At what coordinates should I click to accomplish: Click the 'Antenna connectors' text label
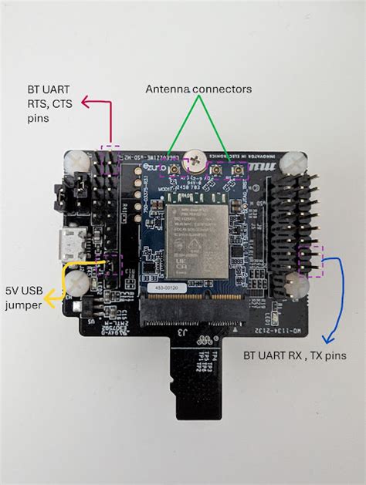click(198, 89)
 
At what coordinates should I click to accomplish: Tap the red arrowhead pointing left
click(85, 101)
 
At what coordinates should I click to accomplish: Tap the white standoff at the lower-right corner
click(297, 287)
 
